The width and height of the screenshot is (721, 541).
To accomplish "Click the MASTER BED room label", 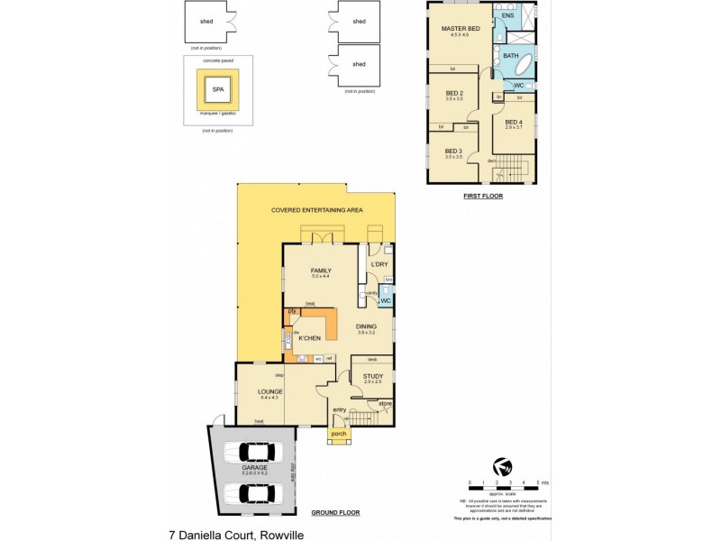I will point(461,29).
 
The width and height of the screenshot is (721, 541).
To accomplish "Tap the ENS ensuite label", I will point(507,16).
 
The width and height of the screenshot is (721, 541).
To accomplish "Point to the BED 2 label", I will point(454,93).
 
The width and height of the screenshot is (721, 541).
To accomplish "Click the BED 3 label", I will point(453,151).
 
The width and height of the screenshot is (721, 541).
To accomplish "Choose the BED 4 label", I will point(513,123).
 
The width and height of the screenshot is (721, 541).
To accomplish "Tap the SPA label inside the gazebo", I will point(217,90).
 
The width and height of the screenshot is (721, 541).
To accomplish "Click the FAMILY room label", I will point(322,270).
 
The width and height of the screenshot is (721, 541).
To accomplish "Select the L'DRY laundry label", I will point(379,263).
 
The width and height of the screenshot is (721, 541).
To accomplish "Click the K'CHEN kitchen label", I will point(311,338).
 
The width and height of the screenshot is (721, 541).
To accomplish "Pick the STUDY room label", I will point(373,376).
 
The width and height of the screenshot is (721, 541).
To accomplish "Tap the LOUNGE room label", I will point(269,391).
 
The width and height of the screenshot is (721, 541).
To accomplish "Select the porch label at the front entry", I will point(339,434).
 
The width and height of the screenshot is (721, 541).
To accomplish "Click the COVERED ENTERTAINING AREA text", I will point(316,210).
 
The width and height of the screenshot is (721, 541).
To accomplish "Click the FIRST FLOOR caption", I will point(482,196).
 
